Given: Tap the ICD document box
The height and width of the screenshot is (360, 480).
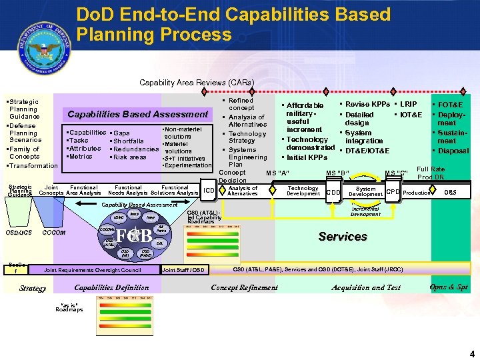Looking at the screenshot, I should point(209,192).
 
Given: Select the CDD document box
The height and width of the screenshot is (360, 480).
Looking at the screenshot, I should point(333,193).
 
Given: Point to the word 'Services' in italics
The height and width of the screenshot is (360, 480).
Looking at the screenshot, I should point(343,237).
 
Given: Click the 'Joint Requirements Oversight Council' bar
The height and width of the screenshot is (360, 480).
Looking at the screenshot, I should point(93,270).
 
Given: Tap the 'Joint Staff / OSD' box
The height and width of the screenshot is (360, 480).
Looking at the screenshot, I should point(183,270).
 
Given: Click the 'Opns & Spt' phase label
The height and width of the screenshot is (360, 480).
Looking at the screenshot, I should point(449,287).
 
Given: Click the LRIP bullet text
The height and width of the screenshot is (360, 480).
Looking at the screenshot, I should point(408,105).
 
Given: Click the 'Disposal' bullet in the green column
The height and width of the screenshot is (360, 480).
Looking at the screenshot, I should point(453,151).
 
